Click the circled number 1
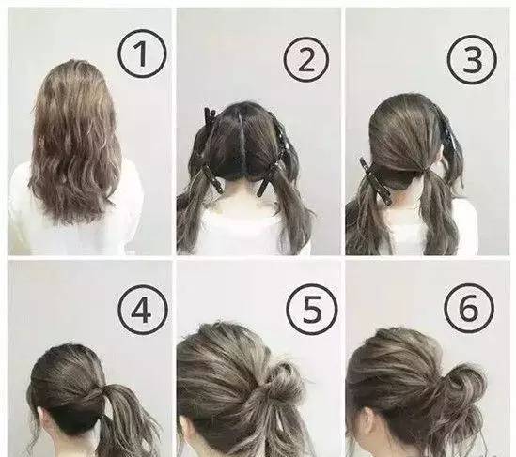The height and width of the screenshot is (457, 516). click(142, 53)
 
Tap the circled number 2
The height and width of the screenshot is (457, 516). click(306, 58)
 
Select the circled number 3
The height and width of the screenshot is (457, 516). click(473, 58)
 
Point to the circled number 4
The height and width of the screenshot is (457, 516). click(142, 309)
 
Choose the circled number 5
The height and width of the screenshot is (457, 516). click(311, 309)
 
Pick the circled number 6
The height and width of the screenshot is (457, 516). click(471, 307)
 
